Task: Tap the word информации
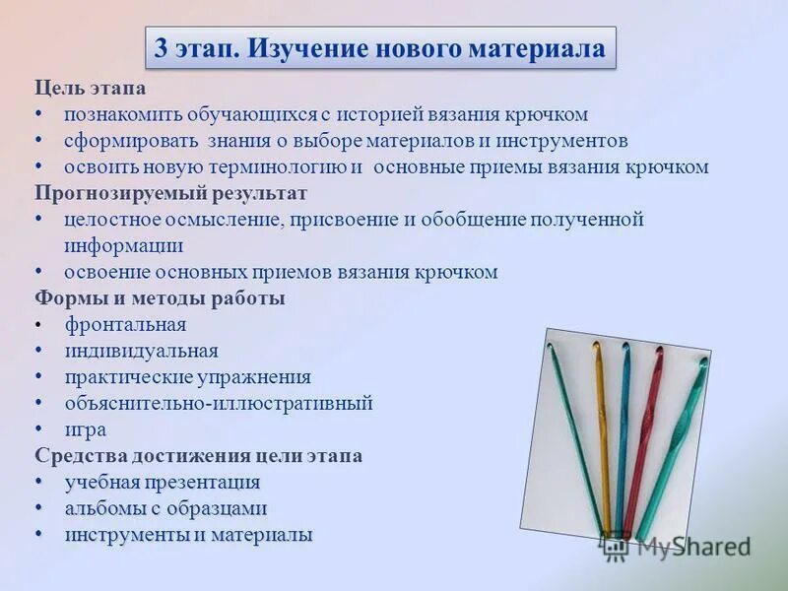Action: (x=124, y=245)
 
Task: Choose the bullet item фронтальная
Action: (x=125, y=324)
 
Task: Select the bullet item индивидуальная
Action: (x=141, y=351)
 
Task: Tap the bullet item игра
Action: (x=86, y=429)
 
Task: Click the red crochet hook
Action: (x=645, y=433)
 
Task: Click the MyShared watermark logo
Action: (x=677, y=546)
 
